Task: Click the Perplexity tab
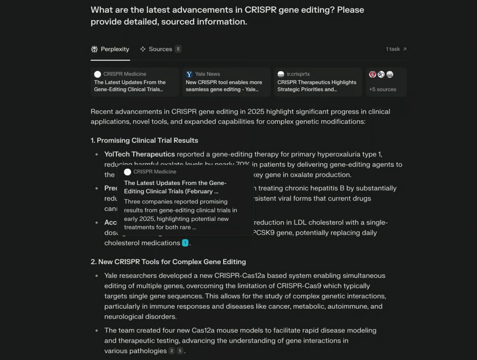[x=110, y=49]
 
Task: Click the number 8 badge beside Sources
[x=178, y=49]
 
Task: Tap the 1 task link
[x=396, y=49]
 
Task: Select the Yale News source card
[x=226, y=82]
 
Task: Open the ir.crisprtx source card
[x=318, y=82]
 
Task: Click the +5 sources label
[x=382, y=89]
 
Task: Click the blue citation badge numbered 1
[x=185, y=243]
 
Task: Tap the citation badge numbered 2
[x=172, y=351]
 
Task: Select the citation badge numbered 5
[x=180, y=351]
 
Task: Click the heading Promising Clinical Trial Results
[x=147, y=140]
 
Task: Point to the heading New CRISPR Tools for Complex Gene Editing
[x=172, y=262]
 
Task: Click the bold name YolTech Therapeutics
[x=139, y=154]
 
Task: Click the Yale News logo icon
[x=189, y=74]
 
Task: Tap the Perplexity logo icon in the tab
[x=95, y=49]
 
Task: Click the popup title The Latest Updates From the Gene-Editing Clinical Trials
[x=175, y=187]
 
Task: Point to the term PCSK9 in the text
[x=263, y=232]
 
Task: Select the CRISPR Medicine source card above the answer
[x=134, y=82]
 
